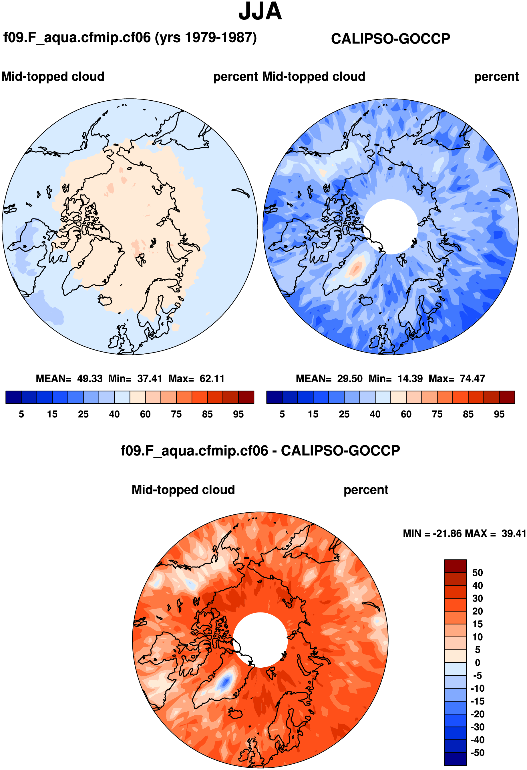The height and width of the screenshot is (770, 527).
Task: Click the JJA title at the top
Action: (x=260, y=12)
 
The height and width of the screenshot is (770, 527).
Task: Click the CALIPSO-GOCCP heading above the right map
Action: (x=390, y=39)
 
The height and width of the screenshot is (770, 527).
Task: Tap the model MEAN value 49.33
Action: (x=90, y=378)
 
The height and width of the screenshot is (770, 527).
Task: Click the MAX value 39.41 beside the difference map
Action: (x=514, y=534)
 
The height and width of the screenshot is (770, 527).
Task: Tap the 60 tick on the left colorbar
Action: (x=145, y=414)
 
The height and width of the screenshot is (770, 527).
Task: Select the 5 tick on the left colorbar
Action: (x=21, y=414)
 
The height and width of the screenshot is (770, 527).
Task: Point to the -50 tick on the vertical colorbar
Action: (x=477, y=753)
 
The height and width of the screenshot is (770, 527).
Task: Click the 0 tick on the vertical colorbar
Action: (x=477, y=663)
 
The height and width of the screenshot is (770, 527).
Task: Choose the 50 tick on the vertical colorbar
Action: (x=477, y=572)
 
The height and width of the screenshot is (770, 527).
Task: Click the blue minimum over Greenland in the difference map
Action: (x=226, y=682)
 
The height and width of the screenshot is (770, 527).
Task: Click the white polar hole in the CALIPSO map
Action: (x=391, y=226)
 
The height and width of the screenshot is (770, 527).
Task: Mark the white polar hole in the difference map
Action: (x=260, y=639)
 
